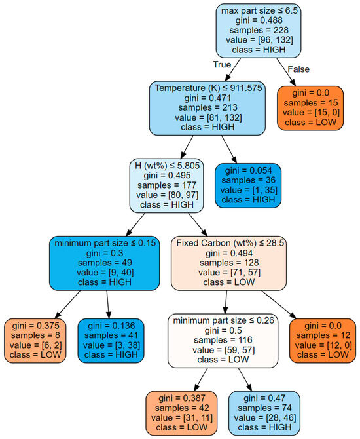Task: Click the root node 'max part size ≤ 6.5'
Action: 262,31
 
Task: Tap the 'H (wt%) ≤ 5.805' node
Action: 167,184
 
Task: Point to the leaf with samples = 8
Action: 35,340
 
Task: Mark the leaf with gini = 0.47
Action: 264,413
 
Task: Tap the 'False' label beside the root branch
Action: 297,69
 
